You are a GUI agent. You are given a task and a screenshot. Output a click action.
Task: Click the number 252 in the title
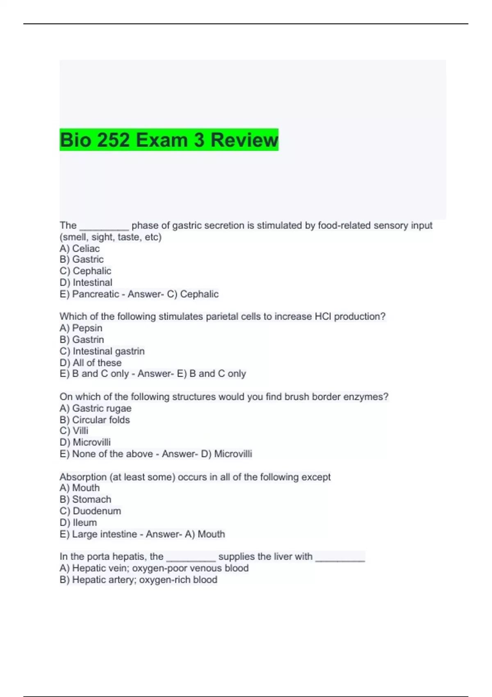(x=114, y=140)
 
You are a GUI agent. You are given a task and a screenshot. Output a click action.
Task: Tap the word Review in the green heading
(x=244, y=140)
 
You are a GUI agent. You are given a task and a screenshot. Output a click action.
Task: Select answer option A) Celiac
(x=80, y=248)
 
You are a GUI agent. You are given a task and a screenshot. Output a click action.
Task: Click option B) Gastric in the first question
(x=82, y=259)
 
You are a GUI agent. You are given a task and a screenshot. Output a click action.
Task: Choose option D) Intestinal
(x=86, y=282)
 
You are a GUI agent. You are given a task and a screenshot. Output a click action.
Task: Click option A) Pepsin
(x=81, y=328)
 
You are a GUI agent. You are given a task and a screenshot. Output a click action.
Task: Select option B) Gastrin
(x=82, y=339)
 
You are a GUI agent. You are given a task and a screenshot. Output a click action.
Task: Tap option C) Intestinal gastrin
(x=102, y=351)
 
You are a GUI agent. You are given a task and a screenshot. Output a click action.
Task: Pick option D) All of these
(x=90, y=362)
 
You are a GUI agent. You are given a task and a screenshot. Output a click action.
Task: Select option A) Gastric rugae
(x=96, y=408)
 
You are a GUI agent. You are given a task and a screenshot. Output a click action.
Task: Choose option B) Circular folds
(x=95, y=420)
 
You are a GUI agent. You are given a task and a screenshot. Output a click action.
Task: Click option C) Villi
(x=74, y=430)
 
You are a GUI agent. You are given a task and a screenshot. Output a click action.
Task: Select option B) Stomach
(x=85, y=499)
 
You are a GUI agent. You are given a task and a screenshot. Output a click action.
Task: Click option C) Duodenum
(x=90, y=511)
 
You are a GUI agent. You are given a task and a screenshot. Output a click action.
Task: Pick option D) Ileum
(x=78, y=522)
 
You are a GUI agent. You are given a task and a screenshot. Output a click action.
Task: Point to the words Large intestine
(x=104, y=534)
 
